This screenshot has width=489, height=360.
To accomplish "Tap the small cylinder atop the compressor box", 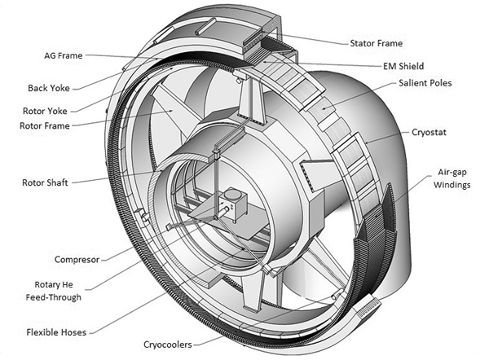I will [x=234, y=197].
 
